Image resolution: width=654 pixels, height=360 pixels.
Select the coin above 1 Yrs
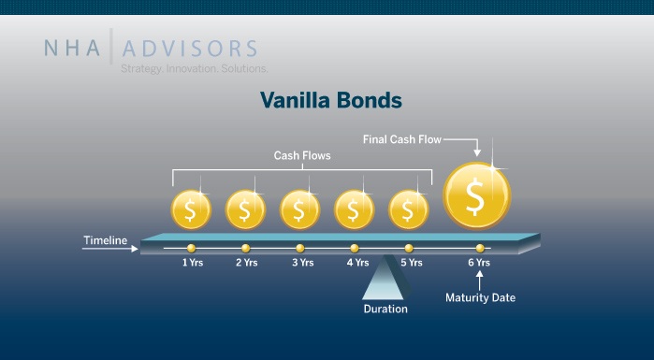191,209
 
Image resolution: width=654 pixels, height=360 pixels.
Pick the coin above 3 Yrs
299,209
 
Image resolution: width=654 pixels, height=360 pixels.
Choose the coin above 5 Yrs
408,209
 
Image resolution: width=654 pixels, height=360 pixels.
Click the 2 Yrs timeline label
245,263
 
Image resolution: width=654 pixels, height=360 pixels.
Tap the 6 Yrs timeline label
479,263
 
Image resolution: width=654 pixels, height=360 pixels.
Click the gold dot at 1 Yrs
191,248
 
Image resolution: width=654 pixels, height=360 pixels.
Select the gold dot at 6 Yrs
480,248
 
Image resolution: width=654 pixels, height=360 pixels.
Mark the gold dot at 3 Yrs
299,248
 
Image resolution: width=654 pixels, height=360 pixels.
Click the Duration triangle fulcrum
386,279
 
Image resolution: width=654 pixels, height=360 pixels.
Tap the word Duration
385,308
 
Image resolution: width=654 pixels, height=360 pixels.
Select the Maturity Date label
479,298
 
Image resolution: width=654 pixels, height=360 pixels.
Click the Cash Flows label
302,155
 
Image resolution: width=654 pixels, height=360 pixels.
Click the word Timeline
105,241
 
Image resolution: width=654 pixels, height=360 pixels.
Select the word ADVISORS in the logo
189,48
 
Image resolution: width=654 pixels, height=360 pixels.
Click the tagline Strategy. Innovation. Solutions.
194,69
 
